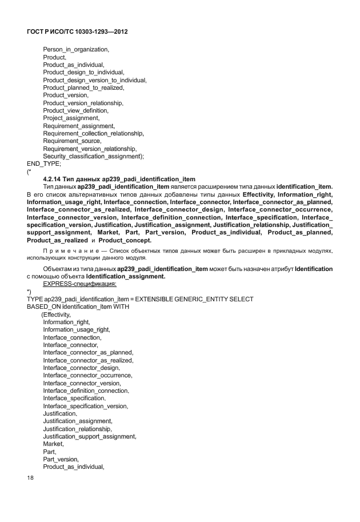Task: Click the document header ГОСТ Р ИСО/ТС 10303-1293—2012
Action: (x=77, y=32)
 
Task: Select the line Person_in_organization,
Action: (x=75, y=50)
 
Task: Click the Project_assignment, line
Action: (x=71, y=118)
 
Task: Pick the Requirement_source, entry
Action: (x=72, y=141)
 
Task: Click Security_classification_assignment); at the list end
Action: (x=93, y=156)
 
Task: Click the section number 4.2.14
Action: (x=54, y=179)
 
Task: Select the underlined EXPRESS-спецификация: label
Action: (x=79, y=284)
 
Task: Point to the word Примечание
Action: (x=70, y=250)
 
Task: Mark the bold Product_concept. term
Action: (x=125, y=240)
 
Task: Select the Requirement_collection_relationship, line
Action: (x=93, y=133)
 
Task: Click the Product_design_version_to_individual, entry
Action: (x=94, y=80)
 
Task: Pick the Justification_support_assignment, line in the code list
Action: (x=89, y=436)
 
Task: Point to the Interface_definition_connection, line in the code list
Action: (x=86, y=390)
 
